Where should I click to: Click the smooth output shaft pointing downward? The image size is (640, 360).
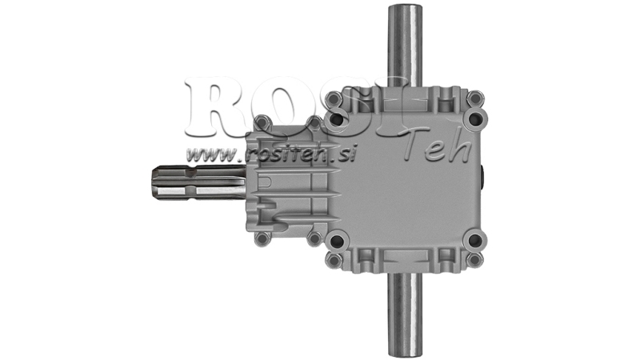[x=406, y=308]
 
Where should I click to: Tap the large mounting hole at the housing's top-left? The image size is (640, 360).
[x=337, y=119]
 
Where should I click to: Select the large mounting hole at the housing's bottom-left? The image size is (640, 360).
[x=337, y=239]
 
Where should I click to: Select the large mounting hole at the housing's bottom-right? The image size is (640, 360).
[x=475, y=239]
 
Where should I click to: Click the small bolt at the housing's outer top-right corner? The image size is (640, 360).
[x=475, y=98]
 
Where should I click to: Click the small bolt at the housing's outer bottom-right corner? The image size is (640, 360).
[x=475, y=259]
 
